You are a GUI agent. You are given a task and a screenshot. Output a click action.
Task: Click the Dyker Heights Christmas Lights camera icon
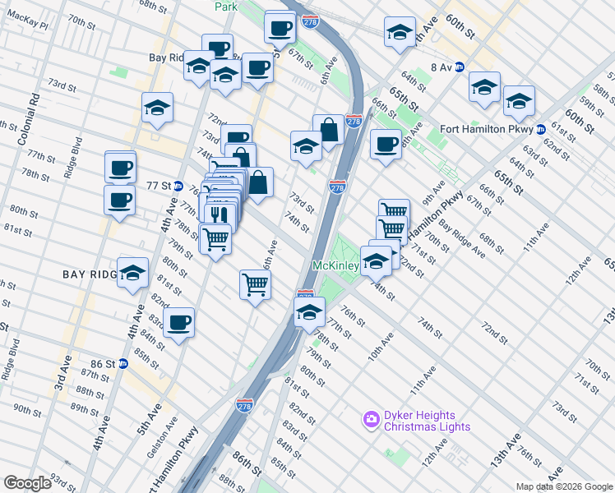371,420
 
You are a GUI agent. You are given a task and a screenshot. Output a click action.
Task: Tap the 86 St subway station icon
123,363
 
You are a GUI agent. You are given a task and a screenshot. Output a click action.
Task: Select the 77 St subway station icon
178,186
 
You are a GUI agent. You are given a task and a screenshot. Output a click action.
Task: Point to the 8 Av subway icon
460,67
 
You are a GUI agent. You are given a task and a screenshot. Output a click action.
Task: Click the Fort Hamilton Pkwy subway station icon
540,129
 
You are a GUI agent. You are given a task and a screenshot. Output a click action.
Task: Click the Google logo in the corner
26,482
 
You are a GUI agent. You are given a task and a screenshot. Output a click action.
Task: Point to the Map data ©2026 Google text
564,486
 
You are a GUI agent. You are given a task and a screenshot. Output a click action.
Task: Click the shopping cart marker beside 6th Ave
255,284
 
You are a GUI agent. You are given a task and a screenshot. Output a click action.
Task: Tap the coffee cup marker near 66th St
385,145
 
